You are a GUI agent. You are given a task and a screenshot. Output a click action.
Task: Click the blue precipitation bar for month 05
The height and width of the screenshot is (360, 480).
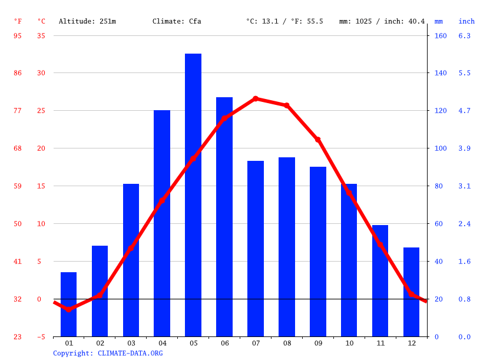click(193, 195)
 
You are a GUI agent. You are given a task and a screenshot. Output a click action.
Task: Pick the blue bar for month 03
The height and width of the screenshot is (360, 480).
click(131, 260)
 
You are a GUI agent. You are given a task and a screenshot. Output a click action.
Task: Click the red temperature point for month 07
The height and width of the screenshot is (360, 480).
click(256, 99)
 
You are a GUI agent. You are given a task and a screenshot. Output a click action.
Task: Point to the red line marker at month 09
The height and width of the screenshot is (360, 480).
click(318, 140)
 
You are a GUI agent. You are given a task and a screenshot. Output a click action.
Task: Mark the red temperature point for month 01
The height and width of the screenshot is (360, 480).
click(69, 309)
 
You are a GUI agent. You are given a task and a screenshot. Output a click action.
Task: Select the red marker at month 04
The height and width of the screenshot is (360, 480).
click(162, 201)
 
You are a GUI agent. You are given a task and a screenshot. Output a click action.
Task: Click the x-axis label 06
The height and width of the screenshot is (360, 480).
click(224, 343)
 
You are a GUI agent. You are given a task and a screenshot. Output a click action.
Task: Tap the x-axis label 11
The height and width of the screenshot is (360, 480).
click(380, 343)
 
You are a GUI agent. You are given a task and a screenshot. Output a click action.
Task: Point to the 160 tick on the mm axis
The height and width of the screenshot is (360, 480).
click(441, 35)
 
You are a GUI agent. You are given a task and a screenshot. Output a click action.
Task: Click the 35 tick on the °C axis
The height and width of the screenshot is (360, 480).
click(41, 35)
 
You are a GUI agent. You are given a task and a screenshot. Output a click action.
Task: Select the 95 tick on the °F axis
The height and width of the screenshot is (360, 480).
click(18, 35)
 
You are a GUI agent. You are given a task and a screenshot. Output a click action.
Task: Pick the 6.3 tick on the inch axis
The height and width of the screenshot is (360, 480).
click(465, 35)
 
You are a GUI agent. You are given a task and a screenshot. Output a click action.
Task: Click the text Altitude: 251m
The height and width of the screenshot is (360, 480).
click(87, 21)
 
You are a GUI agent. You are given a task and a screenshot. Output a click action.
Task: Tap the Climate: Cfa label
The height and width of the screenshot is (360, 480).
click(177, 21)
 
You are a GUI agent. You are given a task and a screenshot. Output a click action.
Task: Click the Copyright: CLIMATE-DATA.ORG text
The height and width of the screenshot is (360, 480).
click(108, 353)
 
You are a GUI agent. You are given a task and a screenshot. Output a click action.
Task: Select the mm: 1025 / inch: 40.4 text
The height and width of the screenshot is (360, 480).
click(382, 21)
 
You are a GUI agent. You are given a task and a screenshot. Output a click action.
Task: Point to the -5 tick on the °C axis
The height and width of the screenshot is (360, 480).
click(41, 336)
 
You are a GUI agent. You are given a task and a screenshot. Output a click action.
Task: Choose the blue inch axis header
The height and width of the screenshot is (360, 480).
click(466, 21)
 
